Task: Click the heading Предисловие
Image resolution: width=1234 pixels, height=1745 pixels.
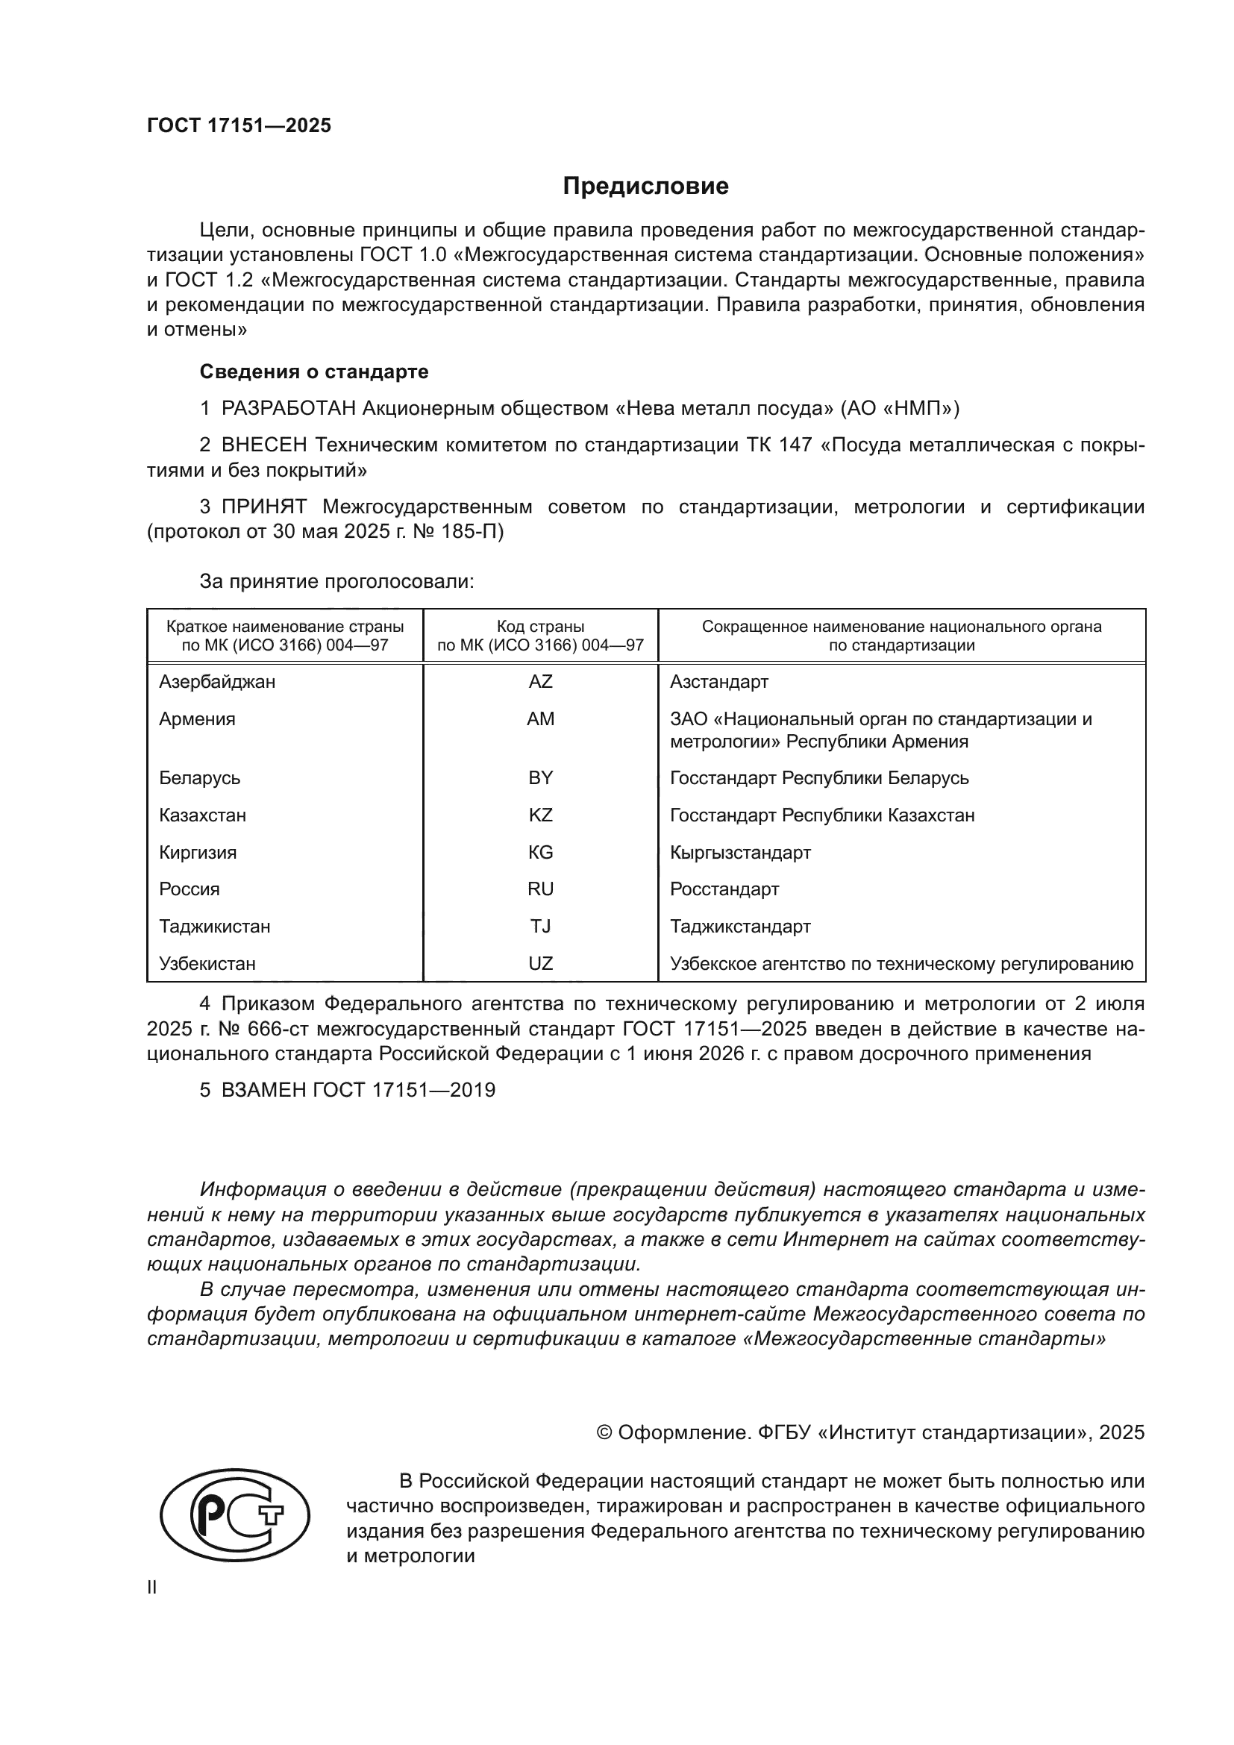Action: pos(645,187)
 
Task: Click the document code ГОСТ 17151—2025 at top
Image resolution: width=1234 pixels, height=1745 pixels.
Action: pos(239,125)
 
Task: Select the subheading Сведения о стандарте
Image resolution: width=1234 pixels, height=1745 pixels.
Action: pos(314,372)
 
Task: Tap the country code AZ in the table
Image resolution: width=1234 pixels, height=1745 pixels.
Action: pos(540,682)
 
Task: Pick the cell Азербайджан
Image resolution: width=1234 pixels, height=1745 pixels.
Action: pos(217,682)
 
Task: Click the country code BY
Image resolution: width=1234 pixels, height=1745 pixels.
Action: pos(540,777)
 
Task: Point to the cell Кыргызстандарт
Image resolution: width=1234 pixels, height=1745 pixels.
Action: pos(740,852)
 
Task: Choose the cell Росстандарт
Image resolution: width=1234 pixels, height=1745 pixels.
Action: pos(724,889)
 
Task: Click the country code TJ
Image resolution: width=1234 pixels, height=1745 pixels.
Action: pos(540,926)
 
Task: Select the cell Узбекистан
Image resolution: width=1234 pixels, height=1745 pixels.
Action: pos(207,963)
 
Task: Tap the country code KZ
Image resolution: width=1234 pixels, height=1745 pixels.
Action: pos(540,815)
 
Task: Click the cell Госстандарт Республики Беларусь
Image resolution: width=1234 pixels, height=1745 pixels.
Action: pos(819,777)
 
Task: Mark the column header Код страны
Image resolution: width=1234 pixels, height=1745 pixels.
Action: pos(540,627)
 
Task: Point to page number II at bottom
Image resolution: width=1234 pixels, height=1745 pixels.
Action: pos(152,1587)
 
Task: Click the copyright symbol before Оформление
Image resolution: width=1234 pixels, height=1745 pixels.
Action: pos(605,1432)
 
